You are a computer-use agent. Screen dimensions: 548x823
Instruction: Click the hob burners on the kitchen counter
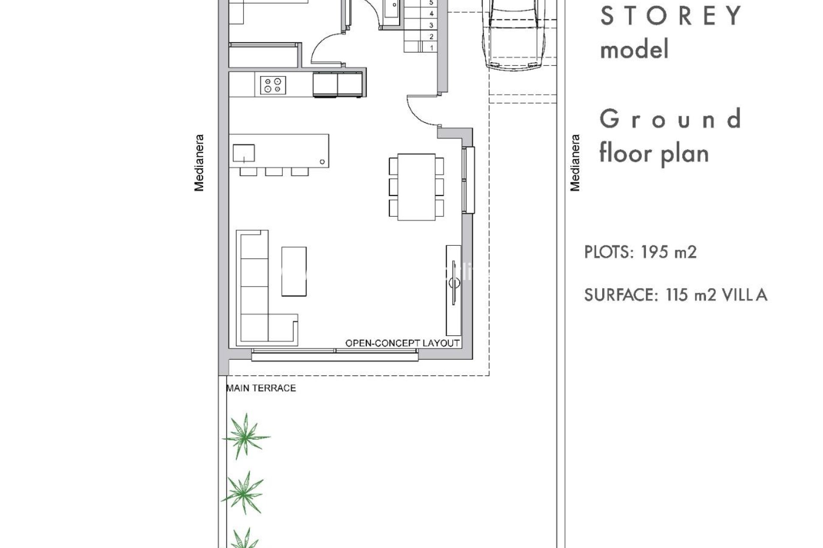point(273,85)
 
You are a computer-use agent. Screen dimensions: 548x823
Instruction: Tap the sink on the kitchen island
point(243,153)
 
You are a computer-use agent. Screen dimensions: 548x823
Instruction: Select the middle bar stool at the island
point(273,172)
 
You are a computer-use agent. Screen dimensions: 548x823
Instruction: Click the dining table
point(416,187)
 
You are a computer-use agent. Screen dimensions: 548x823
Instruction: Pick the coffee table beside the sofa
point(294,271)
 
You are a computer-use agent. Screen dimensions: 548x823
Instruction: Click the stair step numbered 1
point(432,48)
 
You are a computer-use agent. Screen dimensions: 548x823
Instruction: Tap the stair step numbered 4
point(432,14)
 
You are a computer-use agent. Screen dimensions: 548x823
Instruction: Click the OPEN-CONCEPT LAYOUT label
point(402,343)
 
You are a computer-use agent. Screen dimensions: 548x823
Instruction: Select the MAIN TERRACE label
point(261,388)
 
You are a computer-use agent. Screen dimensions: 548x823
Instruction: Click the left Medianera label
point(199,163)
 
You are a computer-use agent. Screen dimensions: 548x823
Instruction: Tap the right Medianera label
point(575,163)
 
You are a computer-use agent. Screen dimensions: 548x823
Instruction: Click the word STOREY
point(670,16)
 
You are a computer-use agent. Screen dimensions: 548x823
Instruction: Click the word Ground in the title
point(670,119)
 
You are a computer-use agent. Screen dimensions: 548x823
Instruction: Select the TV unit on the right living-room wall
point(453,290)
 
